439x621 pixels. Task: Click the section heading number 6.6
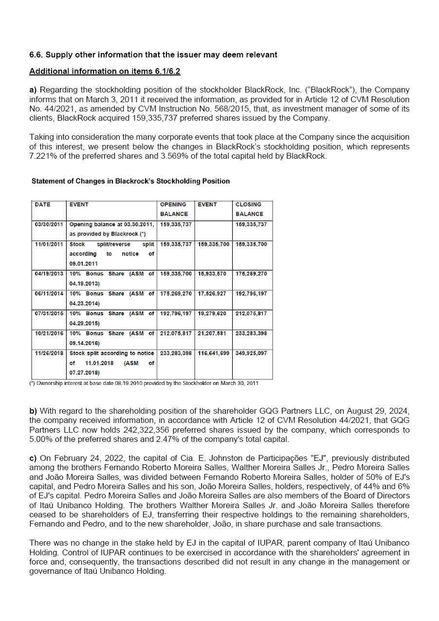[36, 55]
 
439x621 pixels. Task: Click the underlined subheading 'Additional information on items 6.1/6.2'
[105, 71]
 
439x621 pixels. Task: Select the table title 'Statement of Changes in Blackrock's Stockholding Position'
[130, 181]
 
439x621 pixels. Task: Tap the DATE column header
[42, 204]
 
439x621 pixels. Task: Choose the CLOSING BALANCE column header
[249, 209]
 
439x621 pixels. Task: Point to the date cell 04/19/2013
[49, 274]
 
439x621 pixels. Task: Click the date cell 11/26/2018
[49, 353]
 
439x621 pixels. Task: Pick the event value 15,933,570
[212, 274]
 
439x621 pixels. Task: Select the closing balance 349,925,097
[251, 353]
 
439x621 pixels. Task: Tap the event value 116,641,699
[213, 353]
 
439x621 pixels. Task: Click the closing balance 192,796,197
[251, 293]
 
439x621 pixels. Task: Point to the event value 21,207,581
[212, 333]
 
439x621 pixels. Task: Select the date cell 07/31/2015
[49, 313]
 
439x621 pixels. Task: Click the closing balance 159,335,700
[251, 244]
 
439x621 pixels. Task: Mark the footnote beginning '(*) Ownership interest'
[144, 383]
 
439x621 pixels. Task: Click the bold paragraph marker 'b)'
[33, 411]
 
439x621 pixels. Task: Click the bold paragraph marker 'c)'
[33, 458]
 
